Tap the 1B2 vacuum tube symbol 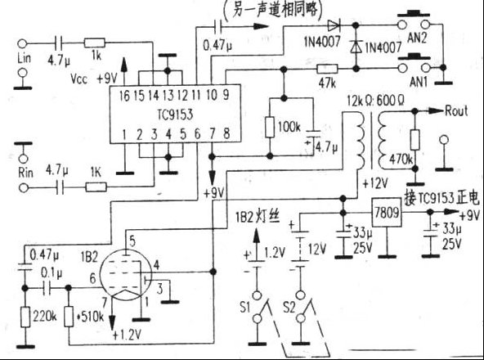pyautogui.click(x=123, y=279)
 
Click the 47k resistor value pyautogui.click(x=328, y=85)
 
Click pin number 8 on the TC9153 pyautogui.click(x=226, y=133)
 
